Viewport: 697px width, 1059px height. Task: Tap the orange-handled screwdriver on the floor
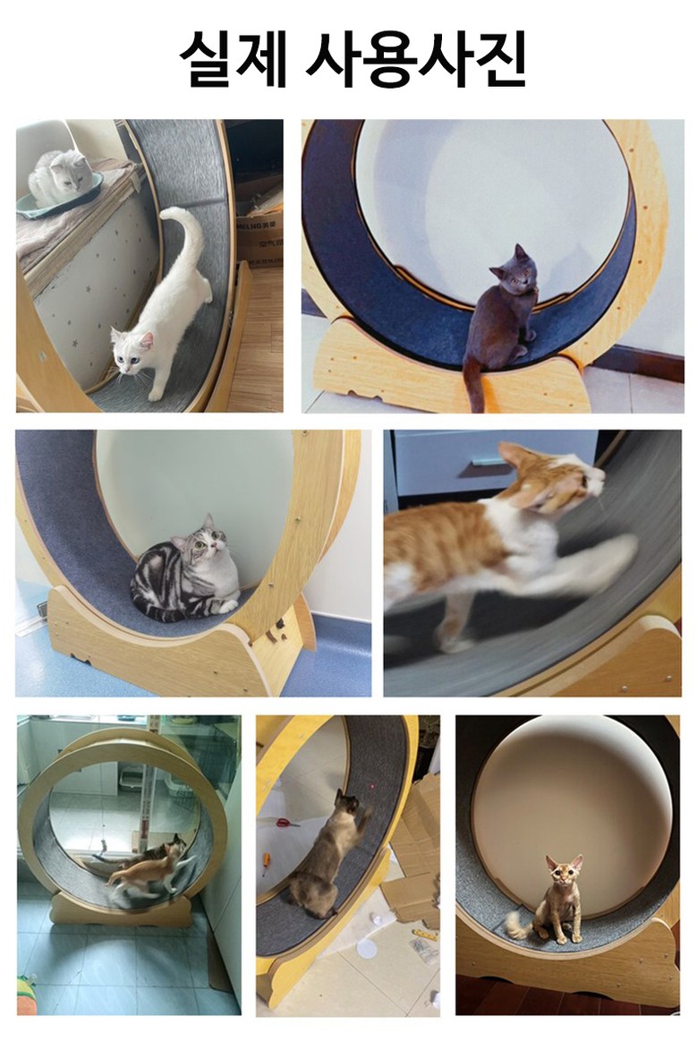point(266,865)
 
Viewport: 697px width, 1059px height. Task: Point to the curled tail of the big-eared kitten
point(519,923)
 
